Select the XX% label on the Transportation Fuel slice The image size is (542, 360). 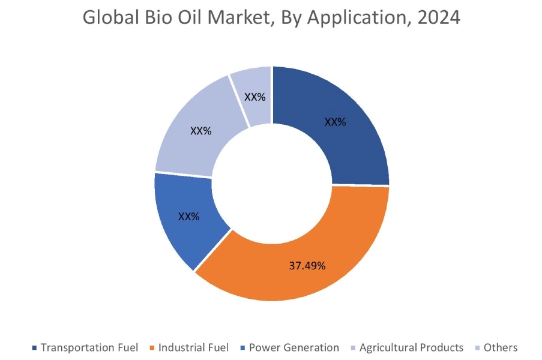[x=335, y=122]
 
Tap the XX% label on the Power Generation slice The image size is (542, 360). [x=188, y=216]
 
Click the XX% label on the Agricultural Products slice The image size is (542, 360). [x=200, y=130]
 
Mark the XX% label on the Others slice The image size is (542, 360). [x=255, y=97]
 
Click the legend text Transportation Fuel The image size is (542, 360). [x=89, y=347]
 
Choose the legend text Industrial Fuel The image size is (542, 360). [x=194, y=347]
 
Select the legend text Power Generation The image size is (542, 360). [x=294, y=347]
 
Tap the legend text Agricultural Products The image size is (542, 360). [x=411, y=347]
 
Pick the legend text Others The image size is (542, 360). [x=501, y=347]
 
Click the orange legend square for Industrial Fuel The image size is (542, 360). [x=151, y=348]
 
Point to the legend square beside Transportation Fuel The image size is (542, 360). [x=35, y=348]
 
